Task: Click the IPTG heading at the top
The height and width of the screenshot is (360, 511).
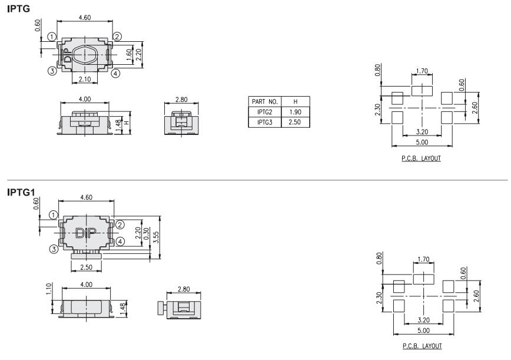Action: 19,9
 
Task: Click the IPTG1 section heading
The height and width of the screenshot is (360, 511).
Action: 21,193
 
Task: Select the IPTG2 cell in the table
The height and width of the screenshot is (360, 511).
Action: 264,112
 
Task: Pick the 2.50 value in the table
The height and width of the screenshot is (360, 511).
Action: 296,123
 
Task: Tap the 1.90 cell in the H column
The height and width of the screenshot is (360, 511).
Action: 296,112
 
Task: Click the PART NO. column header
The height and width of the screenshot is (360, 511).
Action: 264,102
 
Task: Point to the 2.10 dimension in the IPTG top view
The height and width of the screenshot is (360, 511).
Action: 85,79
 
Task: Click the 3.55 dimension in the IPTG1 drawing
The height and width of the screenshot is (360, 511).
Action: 156,237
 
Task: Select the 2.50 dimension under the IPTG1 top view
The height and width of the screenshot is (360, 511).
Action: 87,267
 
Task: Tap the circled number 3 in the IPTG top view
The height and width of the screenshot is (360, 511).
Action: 52,71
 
